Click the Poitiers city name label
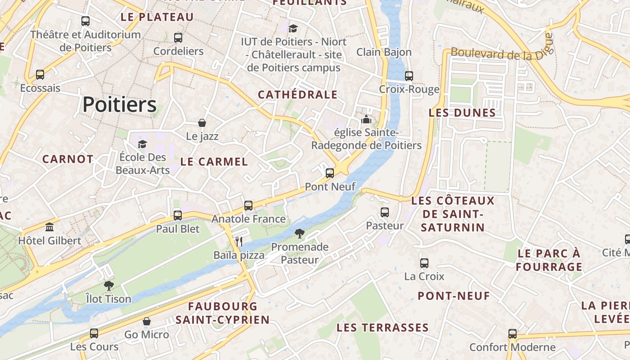119,105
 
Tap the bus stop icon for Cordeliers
178,38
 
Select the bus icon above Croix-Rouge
409,76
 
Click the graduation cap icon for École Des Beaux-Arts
142,144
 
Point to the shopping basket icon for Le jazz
202,123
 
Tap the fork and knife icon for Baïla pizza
239,242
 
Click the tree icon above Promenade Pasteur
299,234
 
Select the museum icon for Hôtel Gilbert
49,227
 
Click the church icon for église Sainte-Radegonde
366,119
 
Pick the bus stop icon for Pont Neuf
330,173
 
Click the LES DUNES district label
462,113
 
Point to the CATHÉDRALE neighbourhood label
297,94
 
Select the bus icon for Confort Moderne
512,334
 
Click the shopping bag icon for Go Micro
146,321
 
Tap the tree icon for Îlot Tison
108,285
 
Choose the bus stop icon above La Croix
424,263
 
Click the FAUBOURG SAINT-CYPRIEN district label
223,313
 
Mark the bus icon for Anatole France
248,206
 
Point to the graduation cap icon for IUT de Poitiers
293,28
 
